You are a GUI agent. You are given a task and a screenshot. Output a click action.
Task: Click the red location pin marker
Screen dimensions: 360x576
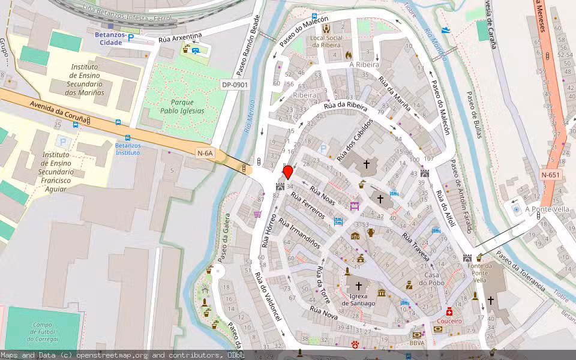click(x=288, y=172)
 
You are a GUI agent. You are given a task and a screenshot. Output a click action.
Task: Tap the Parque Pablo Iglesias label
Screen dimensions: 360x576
click(x=182, y=106)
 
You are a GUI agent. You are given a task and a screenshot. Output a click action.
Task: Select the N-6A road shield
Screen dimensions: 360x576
click(x=205, y=154)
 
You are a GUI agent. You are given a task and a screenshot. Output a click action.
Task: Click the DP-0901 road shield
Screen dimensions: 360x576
click(x=235, y=85)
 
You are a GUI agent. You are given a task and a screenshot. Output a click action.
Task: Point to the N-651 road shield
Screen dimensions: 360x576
click(x=550, y=175)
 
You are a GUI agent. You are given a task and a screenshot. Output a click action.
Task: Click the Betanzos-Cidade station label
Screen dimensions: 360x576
click(x=110, y=38)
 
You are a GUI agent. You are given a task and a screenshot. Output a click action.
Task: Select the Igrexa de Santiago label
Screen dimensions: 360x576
click(x=358, y=299)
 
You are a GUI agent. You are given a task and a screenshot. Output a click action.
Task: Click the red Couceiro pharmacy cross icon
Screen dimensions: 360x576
click(x=449, y=312)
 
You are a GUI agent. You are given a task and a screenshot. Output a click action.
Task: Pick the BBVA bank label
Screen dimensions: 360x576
click(x=417, y=343)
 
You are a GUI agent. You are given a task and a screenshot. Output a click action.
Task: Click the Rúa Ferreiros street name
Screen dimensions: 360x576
click(x=307, y=205)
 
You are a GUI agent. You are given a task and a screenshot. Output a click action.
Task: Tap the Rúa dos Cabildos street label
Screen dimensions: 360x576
click(x=355, y=140)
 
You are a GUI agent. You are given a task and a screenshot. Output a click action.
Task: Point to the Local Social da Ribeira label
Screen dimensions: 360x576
click(x=326, y=41)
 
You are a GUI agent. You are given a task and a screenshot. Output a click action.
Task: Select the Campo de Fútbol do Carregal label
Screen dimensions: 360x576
click(x=43, y=332)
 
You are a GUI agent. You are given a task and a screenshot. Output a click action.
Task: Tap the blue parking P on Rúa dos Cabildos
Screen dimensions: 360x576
click(x=324, y=148)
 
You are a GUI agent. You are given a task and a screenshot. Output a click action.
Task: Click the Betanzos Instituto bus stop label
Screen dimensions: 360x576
click(x=127, y=149)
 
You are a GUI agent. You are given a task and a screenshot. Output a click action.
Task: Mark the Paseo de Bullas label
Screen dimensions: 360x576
click(x=474, y=114)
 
